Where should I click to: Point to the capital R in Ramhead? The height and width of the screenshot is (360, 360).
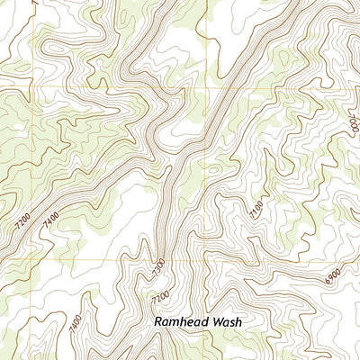coord(158,320)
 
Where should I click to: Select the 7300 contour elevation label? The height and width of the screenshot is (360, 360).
coord(158,267)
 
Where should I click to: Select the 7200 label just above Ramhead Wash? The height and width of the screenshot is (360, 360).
coord(160,297)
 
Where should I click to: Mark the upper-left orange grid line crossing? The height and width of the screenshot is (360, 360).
coord(39,87)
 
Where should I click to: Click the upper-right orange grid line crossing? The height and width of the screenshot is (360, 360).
coord(212,87)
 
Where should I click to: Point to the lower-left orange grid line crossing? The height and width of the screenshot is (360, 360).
coord(39,260)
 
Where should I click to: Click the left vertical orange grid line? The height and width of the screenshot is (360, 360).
coord(39,171)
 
